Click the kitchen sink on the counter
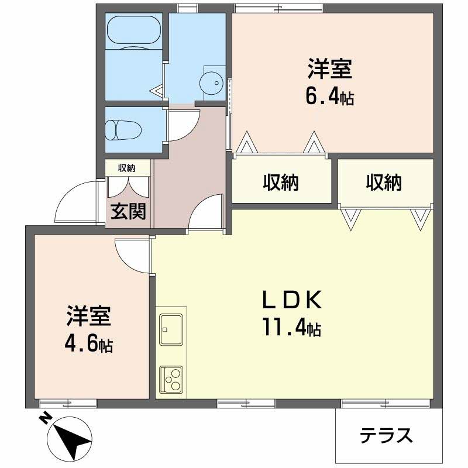point(171,330)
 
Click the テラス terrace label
point(386,435)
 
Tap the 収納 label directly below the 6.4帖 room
point(280,183)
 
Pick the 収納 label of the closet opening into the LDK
point(384,183)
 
